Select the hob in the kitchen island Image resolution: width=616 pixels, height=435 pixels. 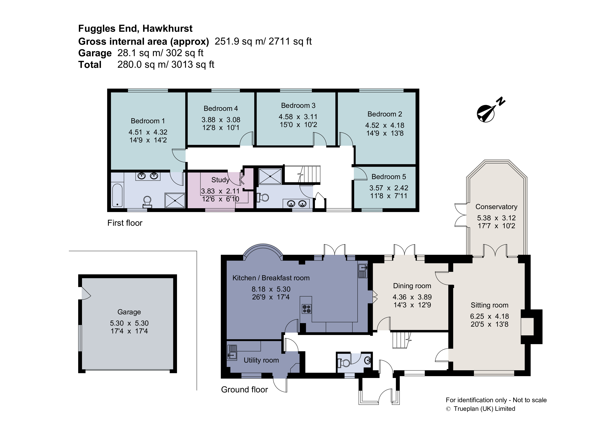pos(306,309)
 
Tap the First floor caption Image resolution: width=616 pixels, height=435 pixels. pos(125,223)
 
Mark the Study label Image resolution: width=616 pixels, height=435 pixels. pos(220,180)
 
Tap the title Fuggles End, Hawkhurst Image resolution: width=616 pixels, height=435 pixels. pos(135,28)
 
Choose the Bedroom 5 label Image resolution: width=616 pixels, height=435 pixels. pos(388,177)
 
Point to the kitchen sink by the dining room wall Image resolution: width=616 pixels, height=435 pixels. pos(362,271)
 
